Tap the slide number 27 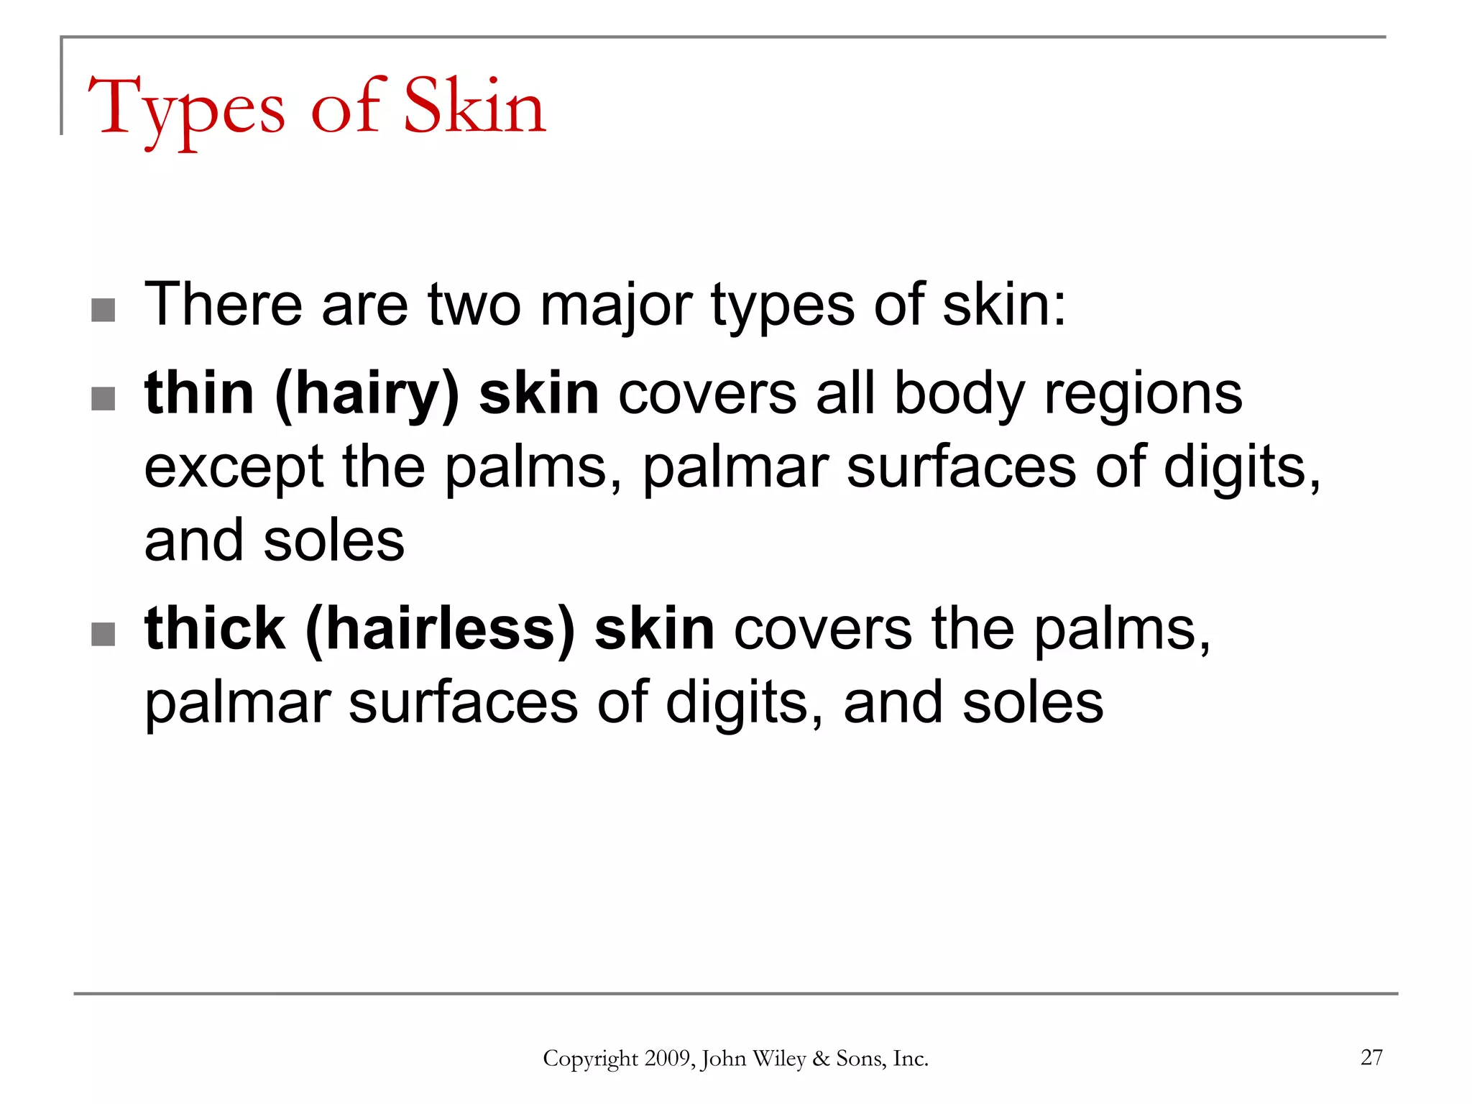tap(1371, 1057)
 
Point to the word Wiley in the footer tap(779, 1059)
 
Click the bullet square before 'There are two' tap(103, 310)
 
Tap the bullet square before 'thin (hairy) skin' tap(103, 398)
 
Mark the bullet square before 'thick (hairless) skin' tap(103, 634)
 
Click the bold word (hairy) tap(367, 395)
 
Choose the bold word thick tap(215, 629)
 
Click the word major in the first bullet tap(616, 305)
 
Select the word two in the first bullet tap(474, 305)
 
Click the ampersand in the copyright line tap(821, 1059)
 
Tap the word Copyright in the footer tap(590, 1059)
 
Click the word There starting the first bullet tap(223, 304)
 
